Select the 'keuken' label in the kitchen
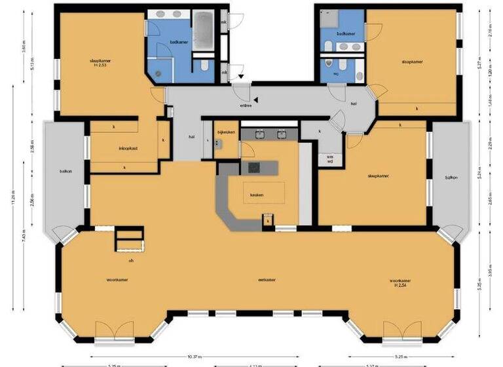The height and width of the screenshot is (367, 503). (257, 195)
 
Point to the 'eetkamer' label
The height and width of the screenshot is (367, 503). (266, 280)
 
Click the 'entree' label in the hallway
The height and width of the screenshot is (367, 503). (246, 104)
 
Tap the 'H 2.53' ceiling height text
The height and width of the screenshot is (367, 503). (100, 66)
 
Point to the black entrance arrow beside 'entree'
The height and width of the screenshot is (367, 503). (257, 100)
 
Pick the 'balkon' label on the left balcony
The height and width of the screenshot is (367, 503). (65, 172)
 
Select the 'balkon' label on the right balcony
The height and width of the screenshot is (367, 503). (451, 178)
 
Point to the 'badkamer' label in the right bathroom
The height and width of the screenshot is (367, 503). (346, 33)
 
